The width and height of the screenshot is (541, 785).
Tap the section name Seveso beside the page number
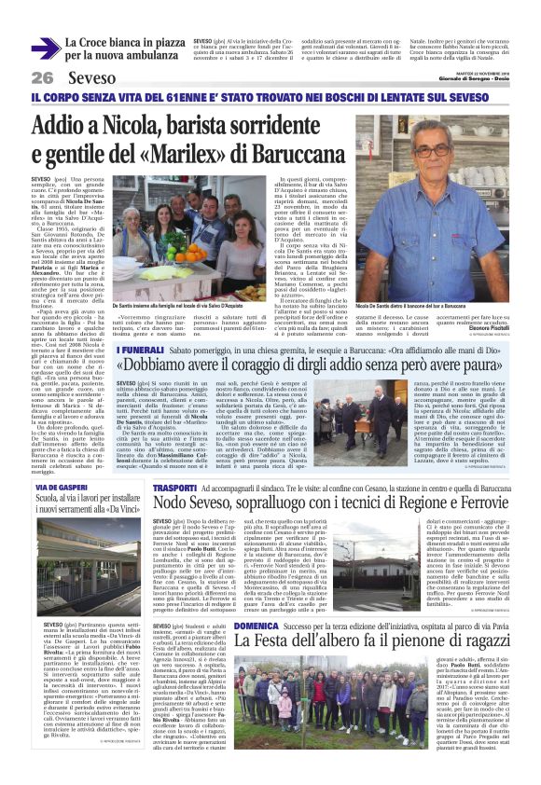92,77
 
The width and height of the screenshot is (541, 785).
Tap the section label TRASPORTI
174,487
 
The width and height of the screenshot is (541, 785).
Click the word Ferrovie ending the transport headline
490,504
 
